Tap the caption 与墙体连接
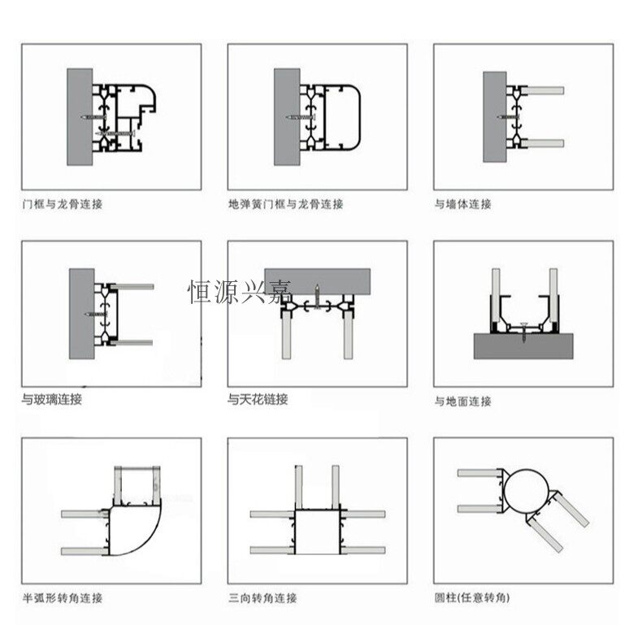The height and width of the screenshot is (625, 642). [x=463, y=204]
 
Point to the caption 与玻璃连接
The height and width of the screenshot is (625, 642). [x=52, y=399]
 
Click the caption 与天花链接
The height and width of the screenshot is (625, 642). [x=258, y=399]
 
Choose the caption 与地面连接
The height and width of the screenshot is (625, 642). [x=463, y=401]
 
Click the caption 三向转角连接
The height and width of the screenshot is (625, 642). [x=262, y=598]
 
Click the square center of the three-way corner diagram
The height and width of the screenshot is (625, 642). [x=318, y=533]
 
